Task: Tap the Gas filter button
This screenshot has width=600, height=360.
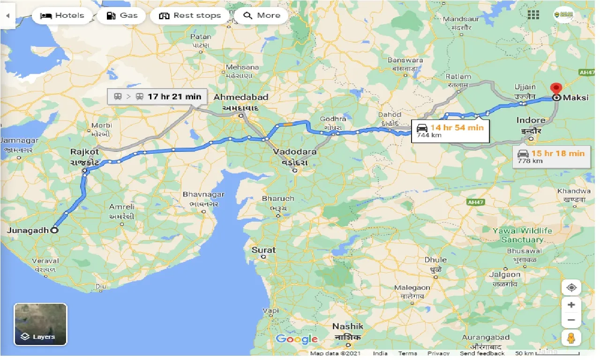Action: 123,15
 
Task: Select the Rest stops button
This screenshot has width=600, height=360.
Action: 189,15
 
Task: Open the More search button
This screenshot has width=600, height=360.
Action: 262,15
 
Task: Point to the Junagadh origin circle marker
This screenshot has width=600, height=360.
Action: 54,230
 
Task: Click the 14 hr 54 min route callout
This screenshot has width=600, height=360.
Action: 450,131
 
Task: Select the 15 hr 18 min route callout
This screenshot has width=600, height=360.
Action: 551,157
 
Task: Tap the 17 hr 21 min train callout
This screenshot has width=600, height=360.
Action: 157,97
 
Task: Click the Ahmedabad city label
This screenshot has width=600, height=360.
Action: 241,97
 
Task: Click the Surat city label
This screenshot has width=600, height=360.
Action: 263,250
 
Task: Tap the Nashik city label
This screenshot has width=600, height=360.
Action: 347,326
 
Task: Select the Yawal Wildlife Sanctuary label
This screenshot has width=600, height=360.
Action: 522,235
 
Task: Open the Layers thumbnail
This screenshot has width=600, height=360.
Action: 40,324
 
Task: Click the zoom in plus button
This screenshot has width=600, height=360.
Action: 571,305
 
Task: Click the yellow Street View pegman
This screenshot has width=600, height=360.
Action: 571,338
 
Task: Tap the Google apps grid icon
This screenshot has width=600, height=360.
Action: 533,15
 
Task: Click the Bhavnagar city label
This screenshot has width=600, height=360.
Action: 203,194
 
